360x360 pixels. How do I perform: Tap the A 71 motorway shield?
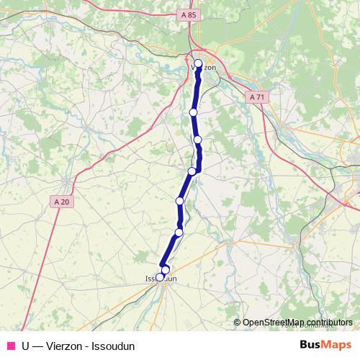pyautogui.click(x=258, y=96)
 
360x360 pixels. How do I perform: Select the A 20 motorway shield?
pyautogui.click(x=63, y=202)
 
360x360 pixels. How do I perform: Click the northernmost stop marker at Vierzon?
pyautogui.click(x=199, y=63)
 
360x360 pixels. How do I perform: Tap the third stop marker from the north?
pyautogui.click(x=197, y=139)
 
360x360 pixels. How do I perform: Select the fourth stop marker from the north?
pyautogui.click(x=192, y=171)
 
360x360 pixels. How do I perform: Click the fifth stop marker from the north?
pyautogui.click(x=180, y=200)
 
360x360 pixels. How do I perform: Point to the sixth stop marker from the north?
pyautogui.click(x=179, y=232)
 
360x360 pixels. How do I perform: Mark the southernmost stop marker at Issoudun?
pyautogui.click(x=160, y=276)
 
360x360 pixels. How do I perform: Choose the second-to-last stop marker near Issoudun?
pyautogui.click(x=165, y=270)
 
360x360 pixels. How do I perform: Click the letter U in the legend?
pyautogui.click(x=26, y=346)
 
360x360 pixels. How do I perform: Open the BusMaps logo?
pyautogui.click(x=325, y=345)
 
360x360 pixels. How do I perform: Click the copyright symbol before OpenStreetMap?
pyautogui.click(x=238, y=323)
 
